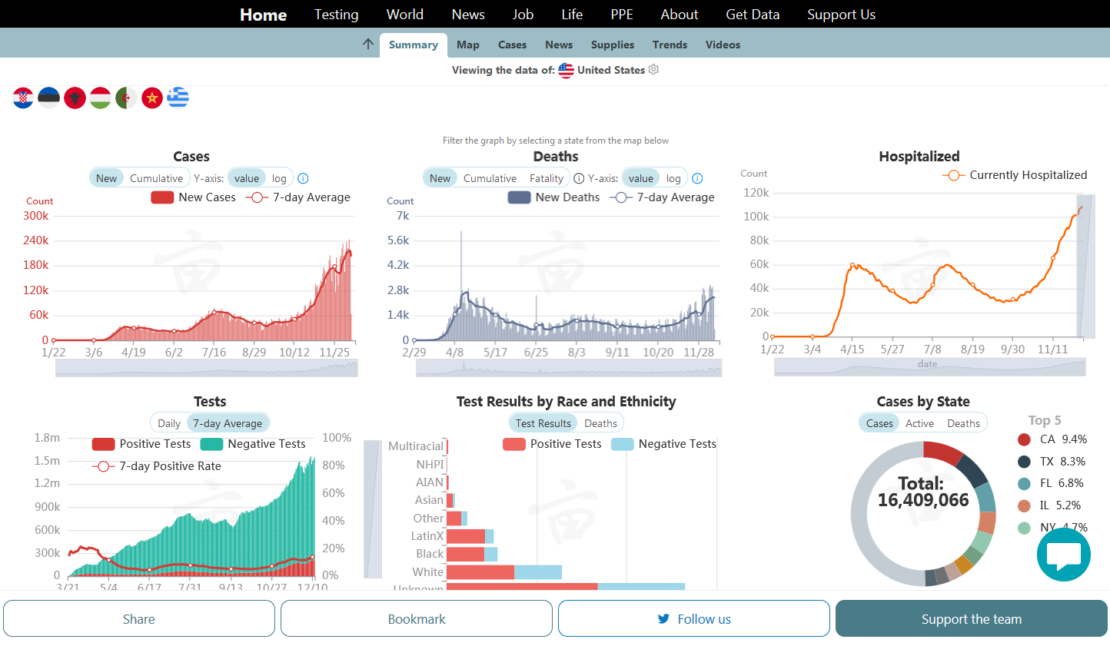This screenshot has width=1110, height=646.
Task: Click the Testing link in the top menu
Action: [x=336, y=15]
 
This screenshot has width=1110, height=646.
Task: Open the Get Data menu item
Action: [x=752, y=15]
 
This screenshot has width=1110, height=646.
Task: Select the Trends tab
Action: [x=670, y=45]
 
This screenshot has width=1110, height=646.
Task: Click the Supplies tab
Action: [x=612, y=45]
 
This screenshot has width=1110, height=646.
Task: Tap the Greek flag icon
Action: [x=178, y=98]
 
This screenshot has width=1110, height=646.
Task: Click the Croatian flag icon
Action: [x=23, y=98]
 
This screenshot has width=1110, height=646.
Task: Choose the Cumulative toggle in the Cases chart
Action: [x=156, y=178]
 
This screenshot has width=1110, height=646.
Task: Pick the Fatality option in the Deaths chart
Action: [x=546, y=178]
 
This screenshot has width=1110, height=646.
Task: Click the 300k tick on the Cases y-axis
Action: [x=36, y=216]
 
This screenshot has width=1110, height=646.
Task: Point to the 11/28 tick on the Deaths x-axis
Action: [x=698, y=352]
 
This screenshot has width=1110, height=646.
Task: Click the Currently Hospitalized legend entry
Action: [x=1015, y=175]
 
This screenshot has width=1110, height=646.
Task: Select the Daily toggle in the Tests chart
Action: [x=169, y=423]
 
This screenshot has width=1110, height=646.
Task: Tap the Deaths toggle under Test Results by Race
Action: [x=600, y=423]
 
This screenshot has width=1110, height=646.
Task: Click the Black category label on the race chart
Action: [x=430, y=554]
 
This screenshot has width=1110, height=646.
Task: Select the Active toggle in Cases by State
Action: [x=919, y=423]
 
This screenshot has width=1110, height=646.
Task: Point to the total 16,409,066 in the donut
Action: [x=923, y=500]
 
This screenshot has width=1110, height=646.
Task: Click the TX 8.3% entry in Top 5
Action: [x=1051, y=462]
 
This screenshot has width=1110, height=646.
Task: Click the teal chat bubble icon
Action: [x=1063, y=555]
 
